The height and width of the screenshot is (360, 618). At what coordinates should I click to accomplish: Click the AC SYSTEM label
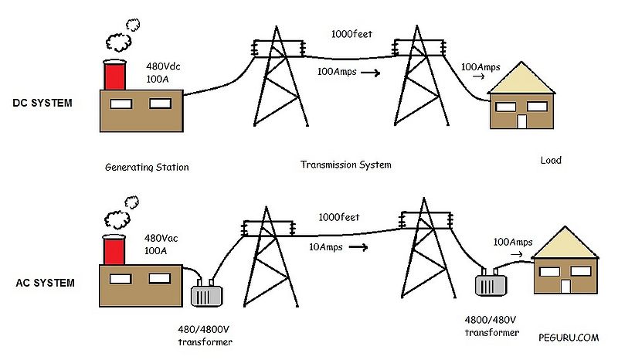pos(45,283)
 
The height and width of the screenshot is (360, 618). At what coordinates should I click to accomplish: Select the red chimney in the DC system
pos(114,73)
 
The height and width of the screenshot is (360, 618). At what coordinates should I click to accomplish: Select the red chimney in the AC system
pos(114,249)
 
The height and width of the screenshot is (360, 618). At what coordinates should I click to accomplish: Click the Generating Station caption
pos(146,167)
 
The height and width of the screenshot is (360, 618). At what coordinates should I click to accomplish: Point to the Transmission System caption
pos(345,165)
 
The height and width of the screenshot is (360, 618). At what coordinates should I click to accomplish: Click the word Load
pos(551,161)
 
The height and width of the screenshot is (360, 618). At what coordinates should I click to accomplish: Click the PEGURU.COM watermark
pos(569,337)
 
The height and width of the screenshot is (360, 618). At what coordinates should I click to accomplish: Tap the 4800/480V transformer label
pos(491,325)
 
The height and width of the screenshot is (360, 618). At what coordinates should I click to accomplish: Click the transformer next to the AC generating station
pos(205,296)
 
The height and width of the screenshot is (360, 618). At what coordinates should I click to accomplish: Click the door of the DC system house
pos(521,121)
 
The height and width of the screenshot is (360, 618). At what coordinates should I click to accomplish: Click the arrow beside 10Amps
pos(357,248)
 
